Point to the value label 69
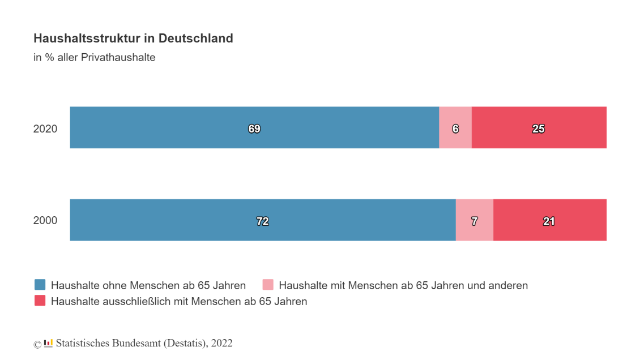(x=254, y=129)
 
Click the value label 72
(x=262, y=221)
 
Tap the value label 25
(x=538, y=129)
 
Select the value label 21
(x=549, y=221)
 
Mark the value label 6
(x=455, y=129)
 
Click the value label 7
(x=475, y=221)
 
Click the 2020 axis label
(x=45, y=128)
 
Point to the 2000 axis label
(x=45, y=221)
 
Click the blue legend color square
(x=40, y=285)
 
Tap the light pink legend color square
(x=268, y=285)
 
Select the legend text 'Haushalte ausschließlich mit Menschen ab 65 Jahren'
(x=179, y=301)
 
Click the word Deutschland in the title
(x=196, y=38)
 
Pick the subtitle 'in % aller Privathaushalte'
(x=95, y=57)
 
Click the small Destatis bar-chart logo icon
(x=48, y=343)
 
